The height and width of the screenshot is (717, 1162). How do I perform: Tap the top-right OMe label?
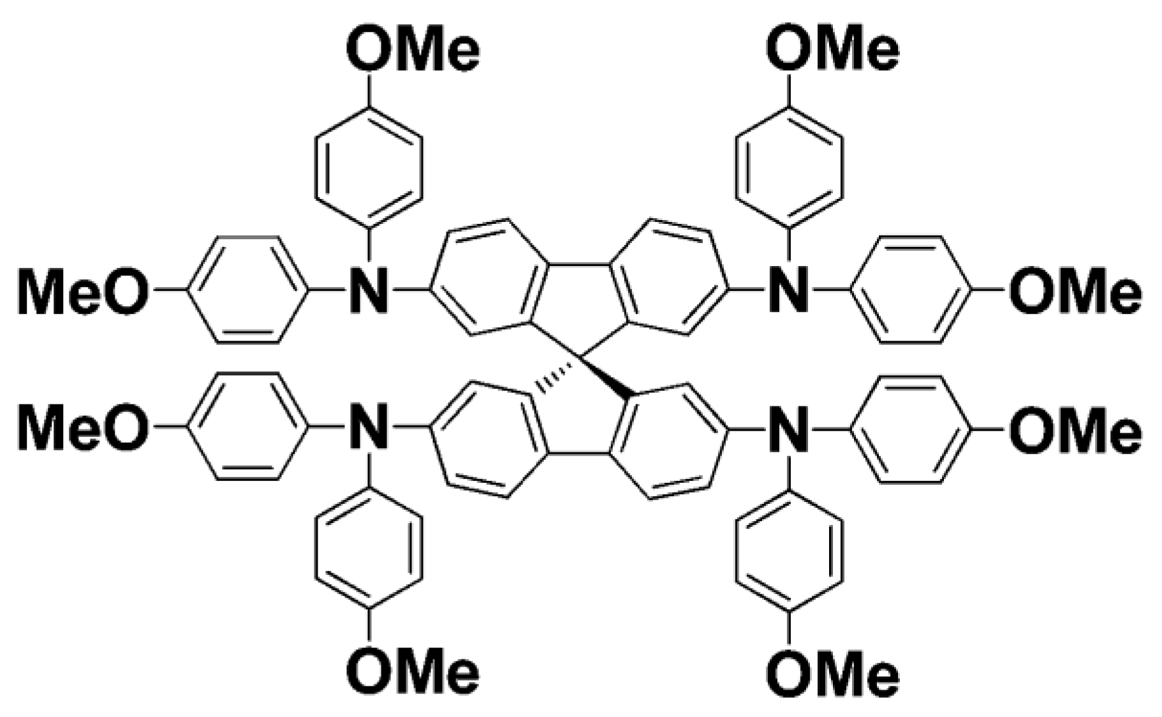[832, 50]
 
